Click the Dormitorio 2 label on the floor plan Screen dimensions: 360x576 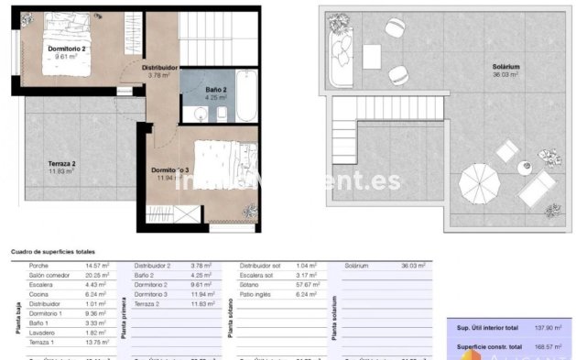tap(67, 49)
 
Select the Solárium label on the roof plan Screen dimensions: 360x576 tap(505, 67)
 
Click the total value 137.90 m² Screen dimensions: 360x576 tap(552, 327)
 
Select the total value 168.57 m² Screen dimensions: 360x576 tap(552, 345)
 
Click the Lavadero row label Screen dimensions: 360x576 tap(42, 332)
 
